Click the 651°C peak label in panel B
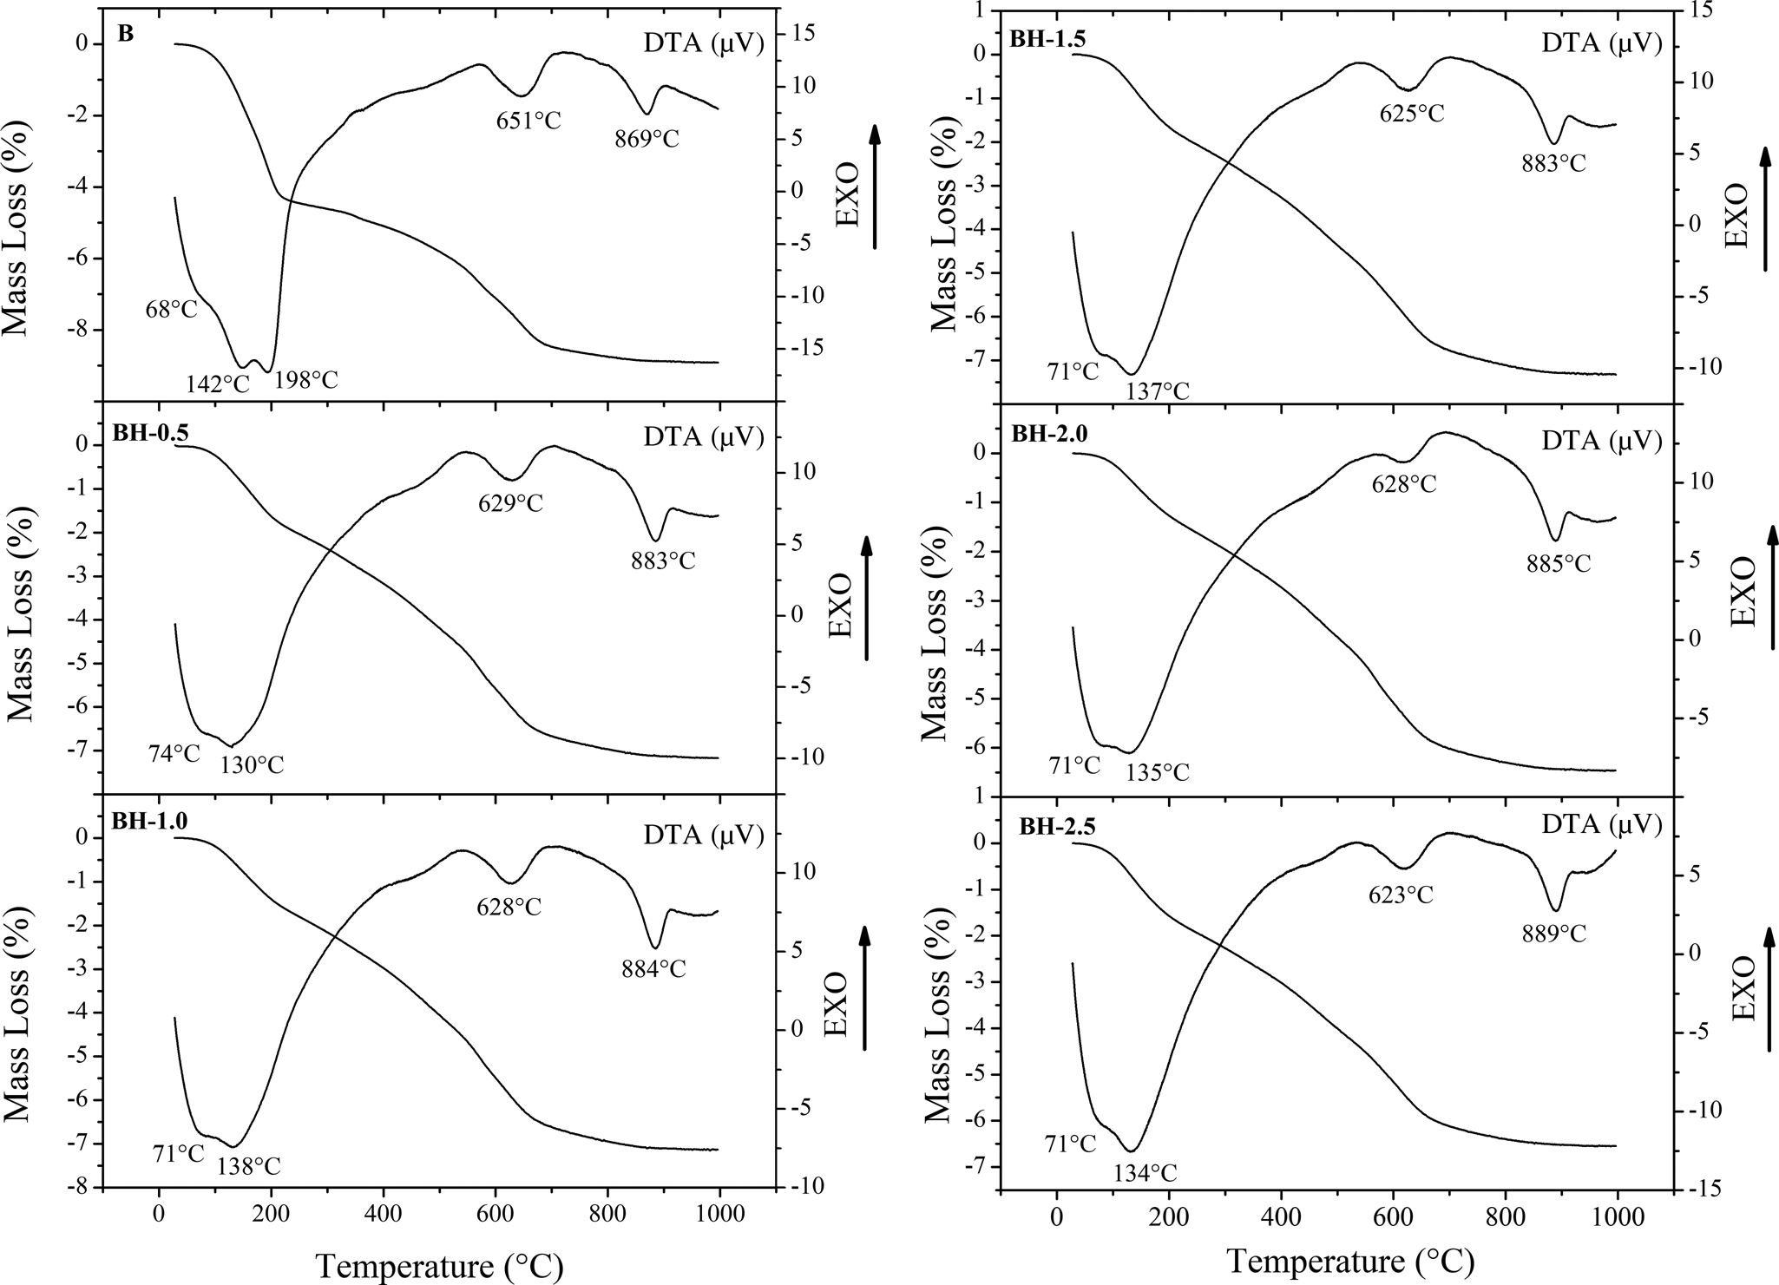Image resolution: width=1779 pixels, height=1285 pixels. [x=528, y=121]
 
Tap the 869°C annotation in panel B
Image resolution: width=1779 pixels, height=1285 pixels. [x=647, y=139]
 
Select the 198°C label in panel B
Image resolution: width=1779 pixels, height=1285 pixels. [x=306, y=380]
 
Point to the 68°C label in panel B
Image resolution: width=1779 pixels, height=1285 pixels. [x=172, y=309]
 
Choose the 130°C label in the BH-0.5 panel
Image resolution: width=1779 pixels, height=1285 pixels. [x=252, y=765]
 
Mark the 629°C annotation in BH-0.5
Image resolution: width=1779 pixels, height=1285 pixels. [x=510, y=503]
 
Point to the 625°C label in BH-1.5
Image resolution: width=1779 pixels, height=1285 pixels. [x=1412, y=114]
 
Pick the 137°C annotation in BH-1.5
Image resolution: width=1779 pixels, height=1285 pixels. [x=1158, y=392]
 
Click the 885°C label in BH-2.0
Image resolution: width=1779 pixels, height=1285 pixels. [x=1559, y=564]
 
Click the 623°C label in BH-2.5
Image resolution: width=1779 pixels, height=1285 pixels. [x=1401, y=895]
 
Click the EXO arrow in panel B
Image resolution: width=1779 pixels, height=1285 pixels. [x=874, y=187]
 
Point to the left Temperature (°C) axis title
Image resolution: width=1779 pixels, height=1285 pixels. [x=439, y=1266]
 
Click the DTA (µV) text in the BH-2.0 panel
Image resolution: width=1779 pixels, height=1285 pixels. [x=1601, y=442]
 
